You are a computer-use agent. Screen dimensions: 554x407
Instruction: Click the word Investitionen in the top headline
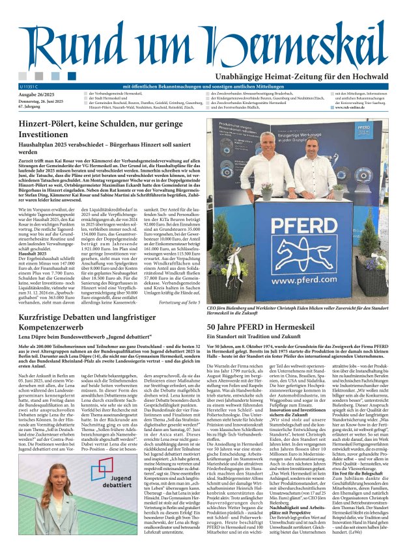[x=47, y=135]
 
